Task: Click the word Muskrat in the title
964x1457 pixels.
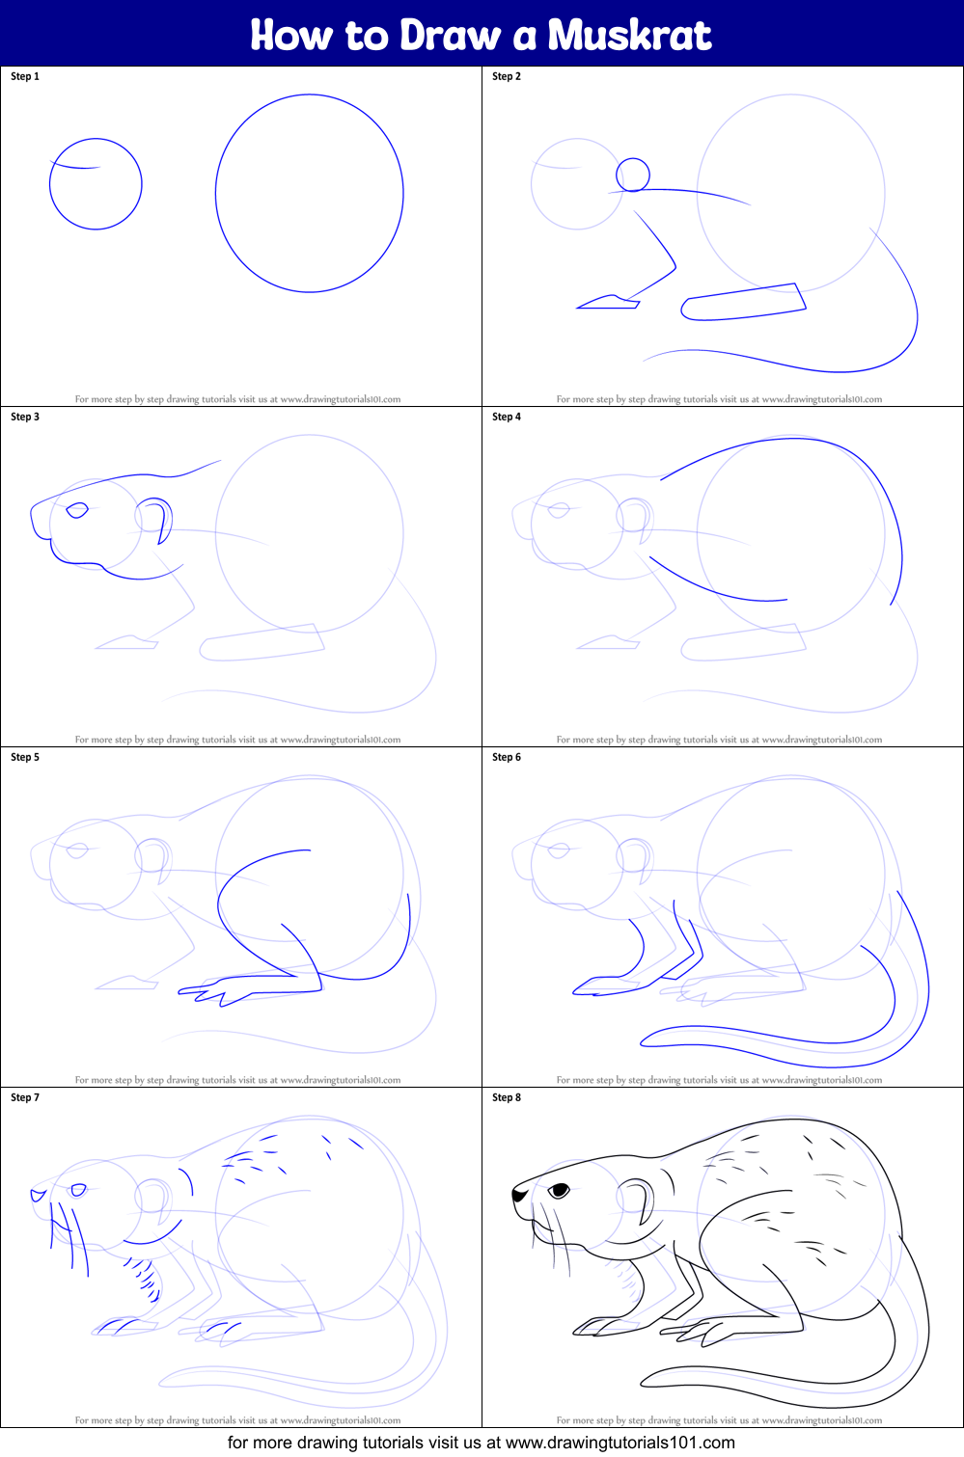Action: [x=629, y=36]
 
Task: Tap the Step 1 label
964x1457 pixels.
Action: [x=25, y=76]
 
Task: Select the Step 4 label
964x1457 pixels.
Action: [x=507, y=417]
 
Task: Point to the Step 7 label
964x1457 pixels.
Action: [x=25, y=1097]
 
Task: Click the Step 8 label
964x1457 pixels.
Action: [x=507, y=1097]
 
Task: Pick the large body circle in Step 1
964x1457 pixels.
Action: [x=309, y=193]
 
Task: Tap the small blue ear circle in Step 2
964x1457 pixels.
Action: [x=633, y=175]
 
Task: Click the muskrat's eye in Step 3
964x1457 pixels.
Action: [x=76, y=510]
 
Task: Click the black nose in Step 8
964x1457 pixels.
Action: [x=519, y=1195]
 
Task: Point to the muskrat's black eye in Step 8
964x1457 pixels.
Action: [x=560, y=1191]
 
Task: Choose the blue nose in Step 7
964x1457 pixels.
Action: [x=38, y=1195]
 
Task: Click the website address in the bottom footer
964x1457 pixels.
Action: [x=620, y=1443]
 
